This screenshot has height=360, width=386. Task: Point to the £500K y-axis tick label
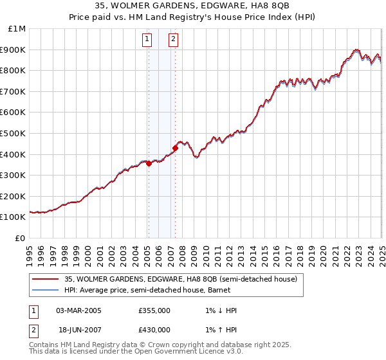(x=14, y=134)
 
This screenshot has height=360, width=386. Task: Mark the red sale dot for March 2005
(x=149, y=163)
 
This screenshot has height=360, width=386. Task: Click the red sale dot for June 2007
(x=175, y=148)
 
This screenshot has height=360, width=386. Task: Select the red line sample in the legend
(x=45, y=279)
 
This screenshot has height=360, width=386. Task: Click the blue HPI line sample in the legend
(x=45, y=290)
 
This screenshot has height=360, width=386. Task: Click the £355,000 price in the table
(x=154, y=310)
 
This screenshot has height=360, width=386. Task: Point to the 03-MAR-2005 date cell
(x=78, y=310)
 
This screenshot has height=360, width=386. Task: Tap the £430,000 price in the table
(x=154, y=330)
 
